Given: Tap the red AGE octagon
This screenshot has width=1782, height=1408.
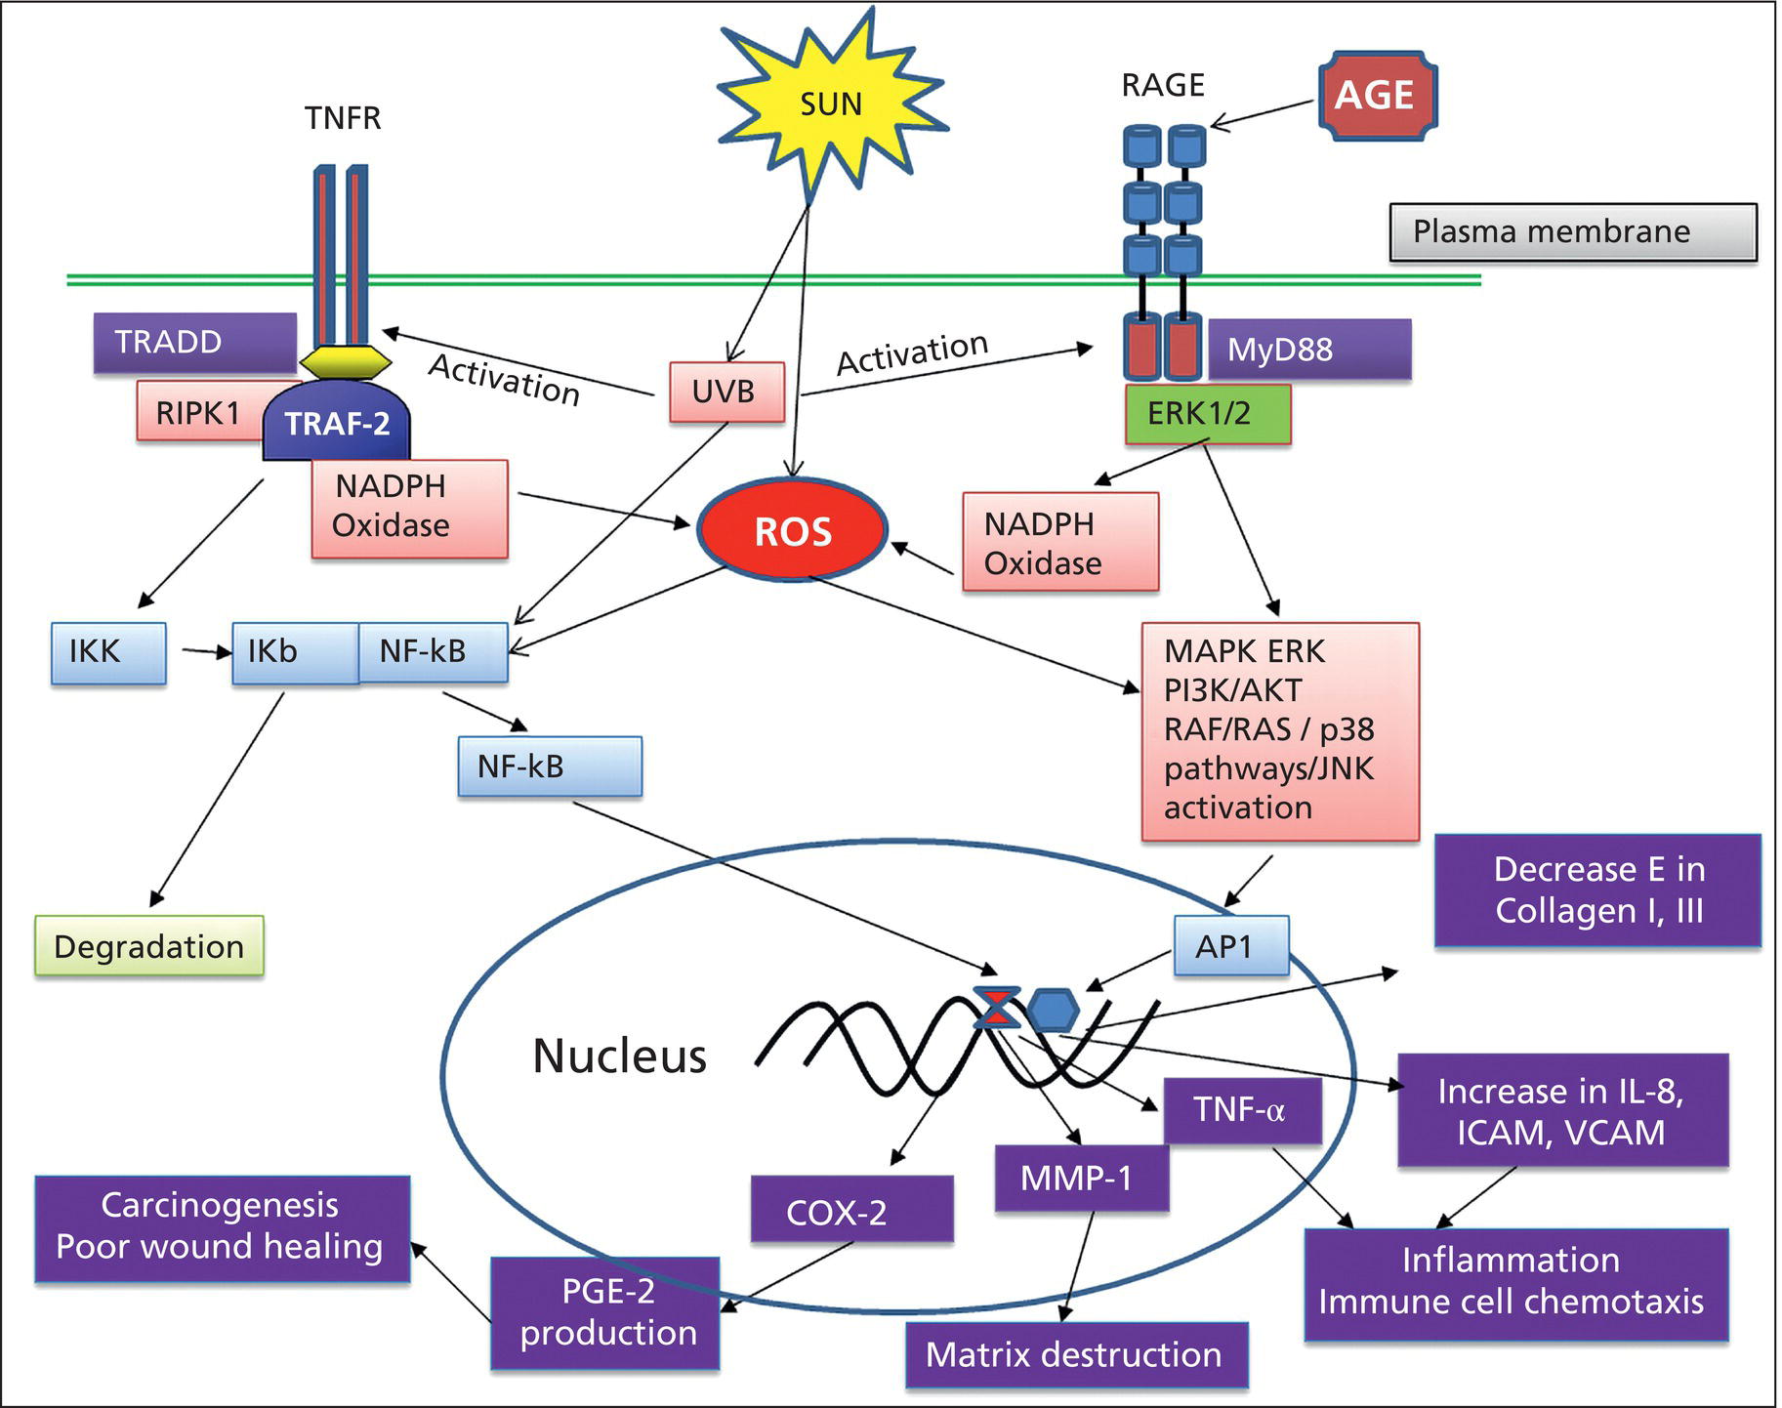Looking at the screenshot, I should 1377,95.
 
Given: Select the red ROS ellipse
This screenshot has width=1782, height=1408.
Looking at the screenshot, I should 793,531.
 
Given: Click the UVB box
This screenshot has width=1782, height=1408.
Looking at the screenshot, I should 726,392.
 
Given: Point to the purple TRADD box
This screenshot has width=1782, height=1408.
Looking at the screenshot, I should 194,343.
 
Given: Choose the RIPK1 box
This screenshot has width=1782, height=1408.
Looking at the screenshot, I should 198,412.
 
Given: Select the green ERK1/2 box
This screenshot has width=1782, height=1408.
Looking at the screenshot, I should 1207,413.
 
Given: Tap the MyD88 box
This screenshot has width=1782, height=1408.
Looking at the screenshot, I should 1308,350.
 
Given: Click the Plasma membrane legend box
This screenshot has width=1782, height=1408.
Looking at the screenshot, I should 1572,231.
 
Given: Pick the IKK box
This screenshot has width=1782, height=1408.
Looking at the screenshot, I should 107,652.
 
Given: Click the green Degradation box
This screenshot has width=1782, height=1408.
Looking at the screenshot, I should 149,946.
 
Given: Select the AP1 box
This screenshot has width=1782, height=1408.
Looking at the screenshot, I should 1229,945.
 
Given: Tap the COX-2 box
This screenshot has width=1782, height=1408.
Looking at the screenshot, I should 850,1211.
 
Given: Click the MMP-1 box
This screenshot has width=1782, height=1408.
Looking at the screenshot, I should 1081,1178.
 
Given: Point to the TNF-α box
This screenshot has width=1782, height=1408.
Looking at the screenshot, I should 1242,1110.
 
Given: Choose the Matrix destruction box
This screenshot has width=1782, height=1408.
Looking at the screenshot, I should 1076,1354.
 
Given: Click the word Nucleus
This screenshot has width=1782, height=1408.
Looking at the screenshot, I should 619,1056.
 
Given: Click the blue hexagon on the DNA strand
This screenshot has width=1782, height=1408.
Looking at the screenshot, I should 1054,1011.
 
